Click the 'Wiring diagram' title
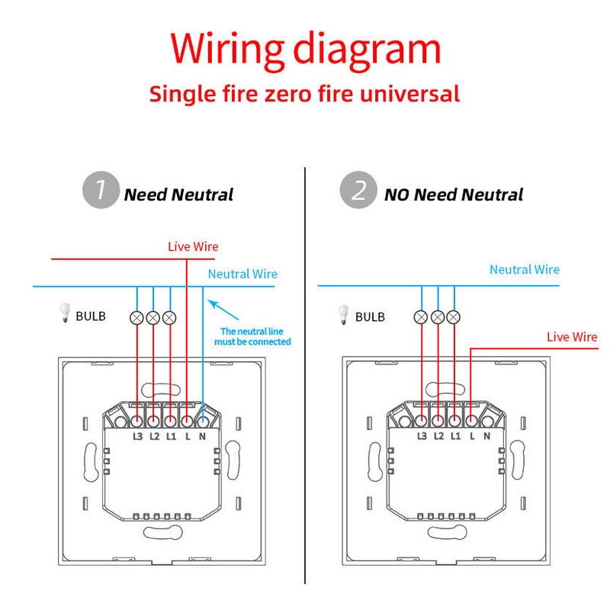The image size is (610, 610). point(305,49)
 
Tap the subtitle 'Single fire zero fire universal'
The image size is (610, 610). point(304,94)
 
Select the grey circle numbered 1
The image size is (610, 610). point(100,190)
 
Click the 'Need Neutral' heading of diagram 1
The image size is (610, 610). point(178,194)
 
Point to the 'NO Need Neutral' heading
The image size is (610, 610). point(454,194)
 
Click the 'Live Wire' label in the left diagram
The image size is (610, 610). point(193,246)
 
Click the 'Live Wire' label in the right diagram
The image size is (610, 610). point(572,337)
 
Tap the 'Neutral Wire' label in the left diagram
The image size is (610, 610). point(242,274)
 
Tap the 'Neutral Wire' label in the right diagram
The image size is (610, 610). point(524,269)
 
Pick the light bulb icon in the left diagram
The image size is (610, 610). point(65,314)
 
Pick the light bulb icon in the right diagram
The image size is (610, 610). point(345,314)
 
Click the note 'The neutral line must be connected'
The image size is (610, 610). point(255,336)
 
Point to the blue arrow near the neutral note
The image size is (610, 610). point(225,311)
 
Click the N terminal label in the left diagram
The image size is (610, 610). point(203,437)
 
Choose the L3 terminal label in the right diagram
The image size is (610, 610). point(422,435)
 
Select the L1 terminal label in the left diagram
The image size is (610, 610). point(170,437)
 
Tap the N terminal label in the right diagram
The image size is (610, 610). point(486,435)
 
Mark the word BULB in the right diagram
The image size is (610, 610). point(371,316)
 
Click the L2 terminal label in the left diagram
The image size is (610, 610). point(154,437)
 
